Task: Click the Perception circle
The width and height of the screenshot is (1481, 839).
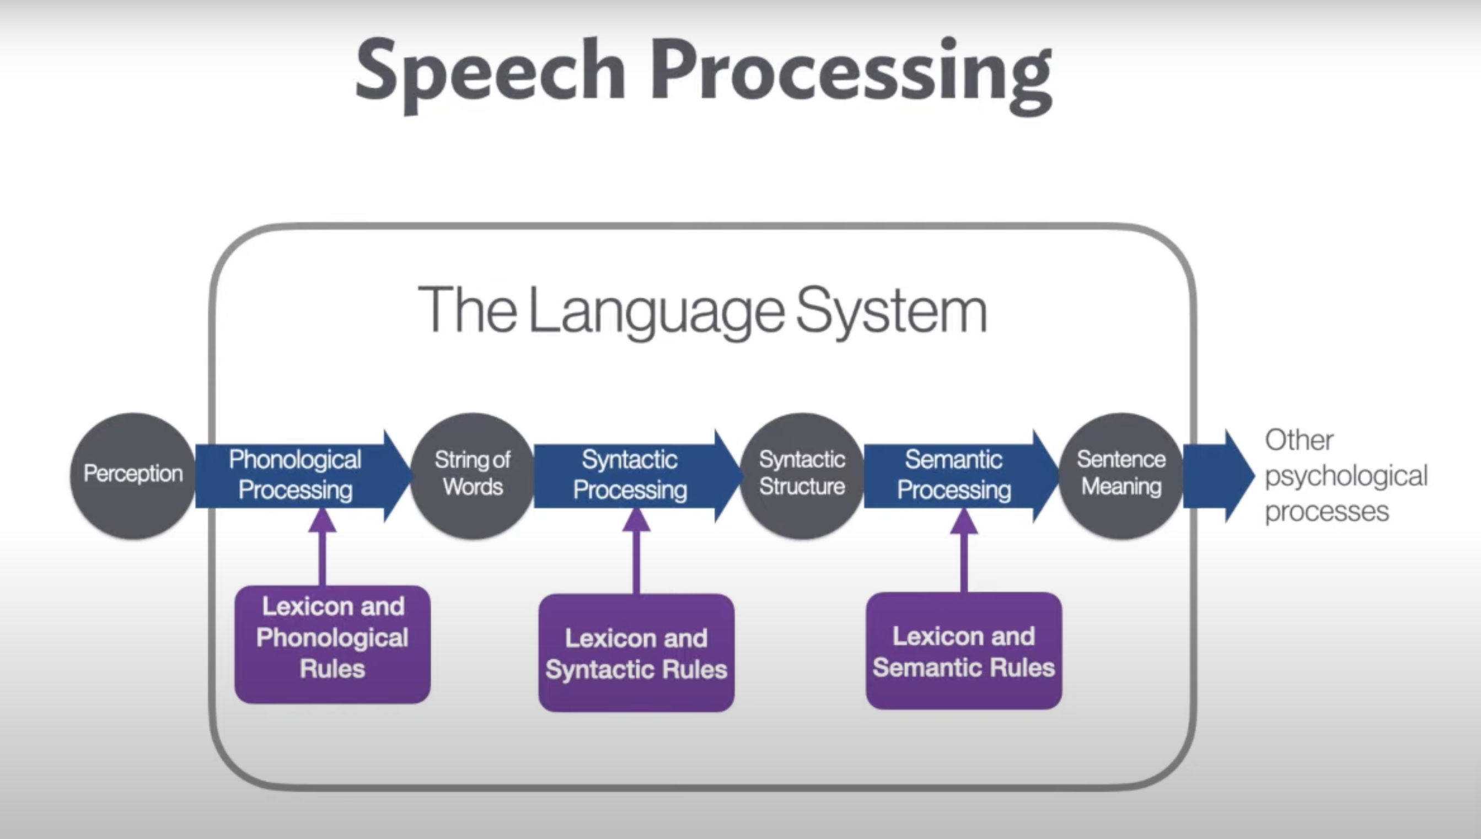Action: pos(132,475)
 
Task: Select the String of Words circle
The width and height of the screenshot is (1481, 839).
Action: pos(473,475)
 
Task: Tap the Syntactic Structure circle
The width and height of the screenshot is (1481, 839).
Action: pos(802,475)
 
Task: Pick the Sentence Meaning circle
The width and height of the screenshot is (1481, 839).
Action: pos(1121,475)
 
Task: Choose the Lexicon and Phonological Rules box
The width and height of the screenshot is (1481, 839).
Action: pos(332,644)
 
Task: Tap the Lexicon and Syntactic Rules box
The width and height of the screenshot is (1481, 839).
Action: pos(636,653)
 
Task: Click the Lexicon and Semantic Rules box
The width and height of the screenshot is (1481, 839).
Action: pos(963,651)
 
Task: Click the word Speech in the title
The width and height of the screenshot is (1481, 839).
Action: pos(490,72)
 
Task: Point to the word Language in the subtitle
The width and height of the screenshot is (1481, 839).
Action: pos(656,311)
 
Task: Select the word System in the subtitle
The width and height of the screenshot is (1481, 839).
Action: pos(892,311)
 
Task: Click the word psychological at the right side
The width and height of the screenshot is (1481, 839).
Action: pos(1345,476)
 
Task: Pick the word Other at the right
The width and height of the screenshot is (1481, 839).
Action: pos(1299,440)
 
